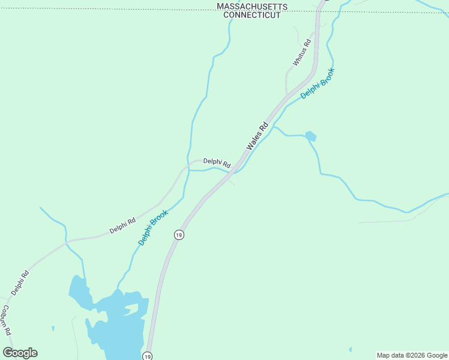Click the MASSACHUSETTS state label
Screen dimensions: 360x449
(x=252, y=7)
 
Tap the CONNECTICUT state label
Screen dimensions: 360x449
(x=252, y=15)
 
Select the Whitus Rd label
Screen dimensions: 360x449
(x=302, y=52)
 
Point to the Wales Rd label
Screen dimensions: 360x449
(x=257, y=137)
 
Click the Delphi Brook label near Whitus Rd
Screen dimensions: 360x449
(x=318, y=84)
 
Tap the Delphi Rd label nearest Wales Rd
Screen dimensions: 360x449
(x=217, y=162)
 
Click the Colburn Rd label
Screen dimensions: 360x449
(x=6, y=321)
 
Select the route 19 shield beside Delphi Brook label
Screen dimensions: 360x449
(x=179, y=235)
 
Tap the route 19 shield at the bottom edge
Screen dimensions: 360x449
(x=148, y=356)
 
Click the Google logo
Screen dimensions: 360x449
(x=20, y=353)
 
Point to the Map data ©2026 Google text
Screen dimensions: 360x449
(x=412, y=355)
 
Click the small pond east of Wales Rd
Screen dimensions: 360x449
(x=310, y=136)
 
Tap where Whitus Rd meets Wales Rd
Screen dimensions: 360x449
(x=288, y=94)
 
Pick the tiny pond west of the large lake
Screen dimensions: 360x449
(x=53, y=328)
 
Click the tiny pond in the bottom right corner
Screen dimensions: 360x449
(x=350, y=349)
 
